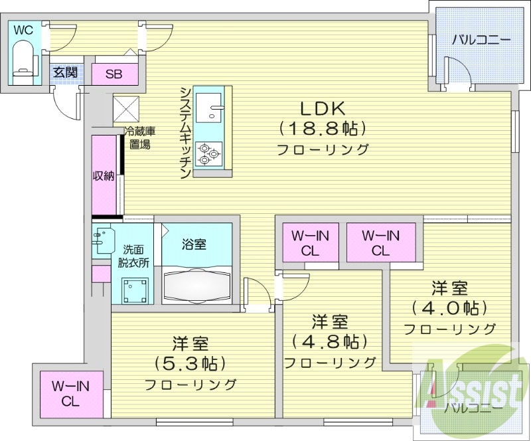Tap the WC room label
[23, 30]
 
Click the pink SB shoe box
[114, 74]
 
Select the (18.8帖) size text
[323, 128]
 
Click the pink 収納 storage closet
[104, 175]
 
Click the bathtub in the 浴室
[196, 284]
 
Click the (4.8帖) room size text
[330, 341]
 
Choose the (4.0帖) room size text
[449, 308]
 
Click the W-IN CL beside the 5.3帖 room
[70, 394]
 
